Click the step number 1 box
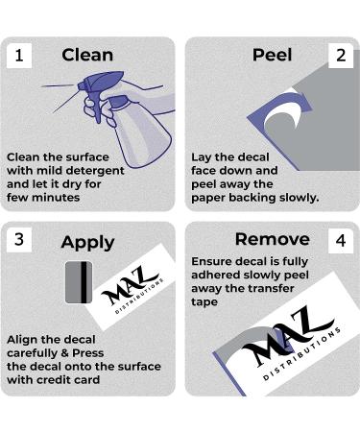(x=19, y=56)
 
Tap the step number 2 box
(x=341, y=56)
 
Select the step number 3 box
(x=19, y=240)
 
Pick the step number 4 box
(x=341, y=241)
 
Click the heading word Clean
(x=87, y=55)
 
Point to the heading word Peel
(x=272, y=55)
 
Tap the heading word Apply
(x=87, y=243)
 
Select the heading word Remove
(x=273, y=239)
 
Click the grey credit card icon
(x=79, y=282)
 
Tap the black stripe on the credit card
(x=84, y=282)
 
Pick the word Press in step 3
(x=88, y=353)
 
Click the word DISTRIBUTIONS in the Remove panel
(x=301, y=354)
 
